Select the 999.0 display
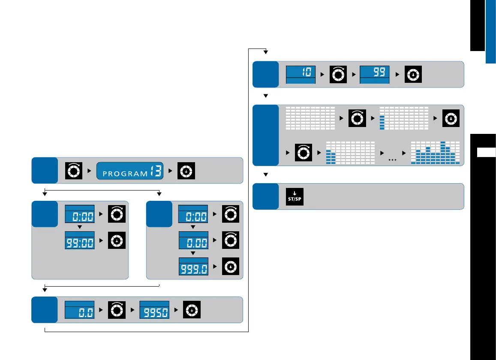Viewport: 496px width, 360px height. (x=193, y=266)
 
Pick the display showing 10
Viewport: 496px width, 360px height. (x=301, y=75)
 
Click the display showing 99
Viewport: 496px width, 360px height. (x=374, y=75)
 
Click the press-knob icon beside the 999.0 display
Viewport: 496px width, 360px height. (x=231, y=266)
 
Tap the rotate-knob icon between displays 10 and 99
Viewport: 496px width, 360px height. (x=338, y=75)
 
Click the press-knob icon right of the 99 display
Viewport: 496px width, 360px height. (x=412, y=75)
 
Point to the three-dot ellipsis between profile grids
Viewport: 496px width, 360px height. (x=392, y=159)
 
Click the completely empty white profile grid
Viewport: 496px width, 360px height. (x=310, y=118)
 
